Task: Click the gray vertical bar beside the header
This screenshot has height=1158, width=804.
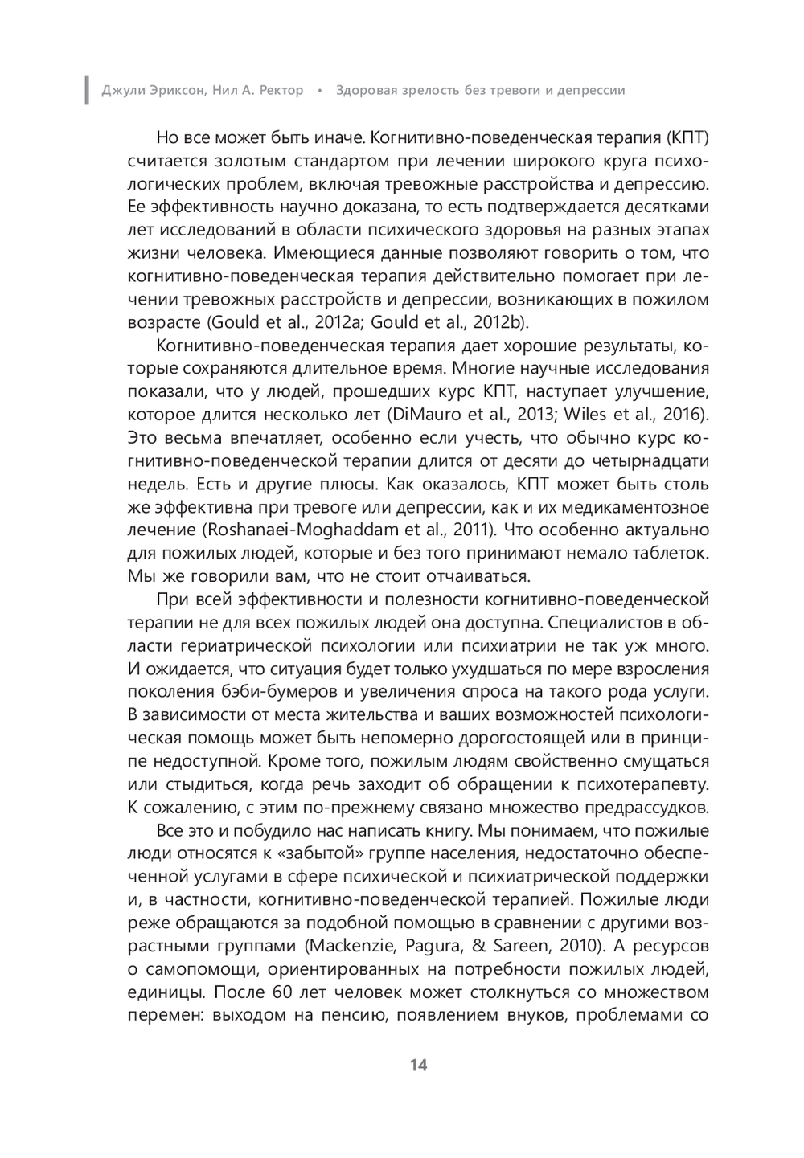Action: click(x=87, y=89)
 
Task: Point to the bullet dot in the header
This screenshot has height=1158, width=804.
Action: click(x=320, y=90)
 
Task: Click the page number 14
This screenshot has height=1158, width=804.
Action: click(x=418, y=1065)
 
